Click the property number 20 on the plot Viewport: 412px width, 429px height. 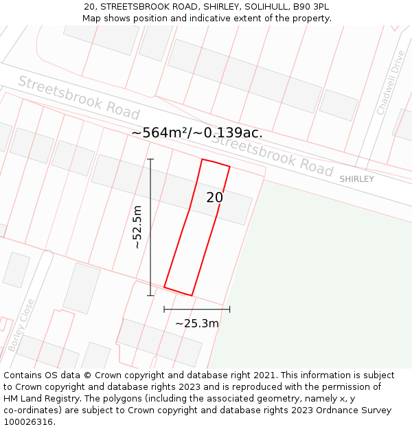point(215,198)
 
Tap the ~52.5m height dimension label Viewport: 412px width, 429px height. point(137,227)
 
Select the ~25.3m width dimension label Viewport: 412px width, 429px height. point(197,323)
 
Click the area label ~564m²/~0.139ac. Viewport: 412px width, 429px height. point(197,132)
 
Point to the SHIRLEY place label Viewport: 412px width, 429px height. point(357,179)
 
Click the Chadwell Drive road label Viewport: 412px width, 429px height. point(391,83)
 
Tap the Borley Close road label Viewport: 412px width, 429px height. point(21,325)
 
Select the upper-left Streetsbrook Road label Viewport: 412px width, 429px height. point(78,97)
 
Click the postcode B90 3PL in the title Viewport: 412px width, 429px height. point(311,6)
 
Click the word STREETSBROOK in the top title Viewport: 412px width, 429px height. point(134,6)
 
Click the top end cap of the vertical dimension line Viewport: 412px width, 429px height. point(150,159)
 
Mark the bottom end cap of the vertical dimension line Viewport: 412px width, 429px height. point(150,296)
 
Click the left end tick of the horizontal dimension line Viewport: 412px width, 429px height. point(164,310)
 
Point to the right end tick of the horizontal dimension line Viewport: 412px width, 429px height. point(229,310)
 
